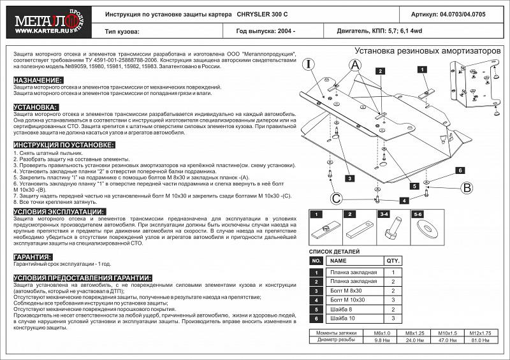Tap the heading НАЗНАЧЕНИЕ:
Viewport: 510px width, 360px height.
[x=38, y=80]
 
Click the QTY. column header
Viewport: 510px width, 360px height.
[x=393, y=261]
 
